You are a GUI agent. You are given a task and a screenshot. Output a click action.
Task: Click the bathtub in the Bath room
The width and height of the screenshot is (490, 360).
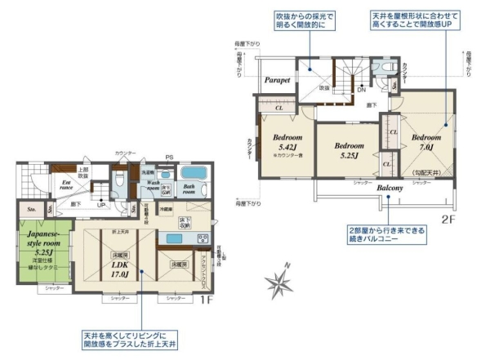pos(194,173)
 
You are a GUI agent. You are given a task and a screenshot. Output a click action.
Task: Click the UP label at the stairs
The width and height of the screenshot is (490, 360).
pos(100,205)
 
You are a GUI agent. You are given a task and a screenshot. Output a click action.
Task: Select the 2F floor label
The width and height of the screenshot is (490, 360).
pos(448,219)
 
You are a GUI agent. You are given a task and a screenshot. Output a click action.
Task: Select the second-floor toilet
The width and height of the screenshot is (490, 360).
pos(385,69)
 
